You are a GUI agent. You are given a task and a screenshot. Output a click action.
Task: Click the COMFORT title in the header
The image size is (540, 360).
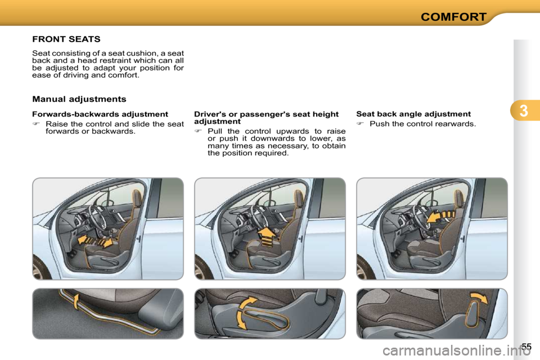[454, 16]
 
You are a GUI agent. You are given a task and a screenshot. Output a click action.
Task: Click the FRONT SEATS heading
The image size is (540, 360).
[66, 39]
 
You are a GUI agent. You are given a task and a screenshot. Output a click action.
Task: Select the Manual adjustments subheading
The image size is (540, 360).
[79, 99]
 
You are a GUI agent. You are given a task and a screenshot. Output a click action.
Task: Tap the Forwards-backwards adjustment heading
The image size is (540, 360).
[100, 114]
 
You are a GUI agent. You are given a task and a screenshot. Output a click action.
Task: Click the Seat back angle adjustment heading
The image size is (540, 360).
[413, 114]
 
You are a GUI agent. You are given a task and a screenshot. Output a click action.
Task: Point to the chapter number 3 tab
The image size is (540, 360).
[524, 111]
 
